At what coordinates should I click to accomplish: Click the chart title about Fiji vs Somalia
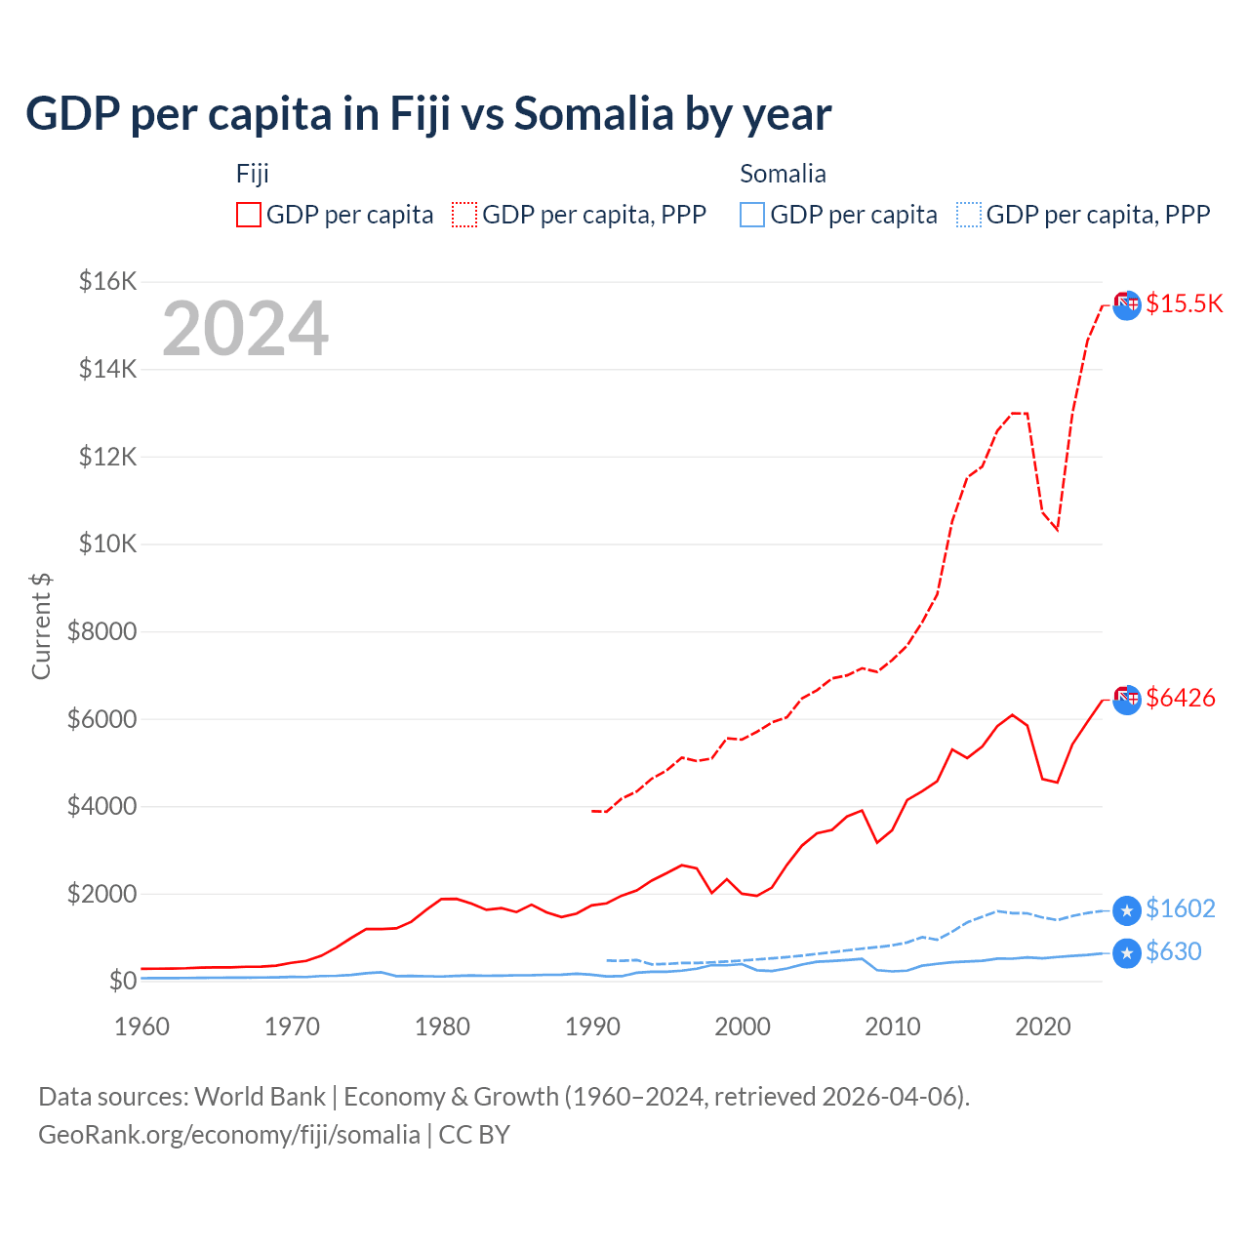point(428,114)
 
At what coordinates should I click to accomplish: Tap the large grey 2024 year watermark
point(245,329)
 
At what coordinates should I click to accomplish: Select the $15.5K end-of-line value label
point(1184,303)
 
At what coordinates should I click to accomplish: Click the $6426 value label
point(1180,698)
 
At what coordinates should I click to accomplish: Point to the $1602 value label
point(1180,908)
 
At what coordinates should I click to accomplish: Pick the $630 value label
point(1173,951)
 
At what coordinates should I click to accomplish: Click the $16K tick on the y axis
point(108,282)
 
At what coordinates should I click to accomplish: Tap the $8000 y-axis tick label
point(102,631)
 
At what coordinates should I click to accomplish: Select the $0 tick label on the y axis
point(122,981)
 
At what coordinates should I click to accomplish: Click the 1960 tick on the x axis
point(142,1027)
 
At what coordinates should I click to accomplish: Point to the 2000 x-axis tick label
point(743,1027)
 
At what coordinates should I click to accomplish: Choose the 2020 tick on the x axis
point(1043,1027)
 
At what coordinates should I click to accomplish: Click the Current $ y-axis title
point(41,626)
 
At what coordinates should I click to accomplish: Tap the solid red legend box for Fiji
point(249,215)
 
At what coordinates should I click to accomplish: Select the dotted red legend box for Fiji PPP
point(464,215)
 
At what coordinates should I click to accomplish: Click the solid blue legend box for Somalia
point(752,215)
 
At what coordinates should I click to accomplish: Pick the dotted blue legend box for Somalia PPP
point(969,215)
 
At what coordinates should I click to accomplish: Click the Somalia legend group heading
point(783,174)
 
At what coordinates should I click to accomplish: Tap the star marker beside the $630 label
point(1127,952)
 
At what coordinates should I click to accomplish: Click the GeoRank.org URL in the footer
point(229,1135)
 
